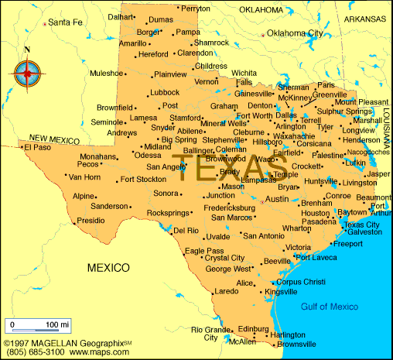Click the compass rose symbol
tap(28, 74)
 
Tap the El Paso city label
tap(38, 146)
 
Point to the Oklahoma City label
tap(296, 33)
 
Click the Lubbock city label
tap(165, 92)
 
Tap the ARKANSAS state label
tap(365, 17)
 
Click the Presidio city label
tap(91, 221)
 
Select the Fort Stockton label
tap(144, 180)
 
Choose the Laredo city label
tap(225, 291)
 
